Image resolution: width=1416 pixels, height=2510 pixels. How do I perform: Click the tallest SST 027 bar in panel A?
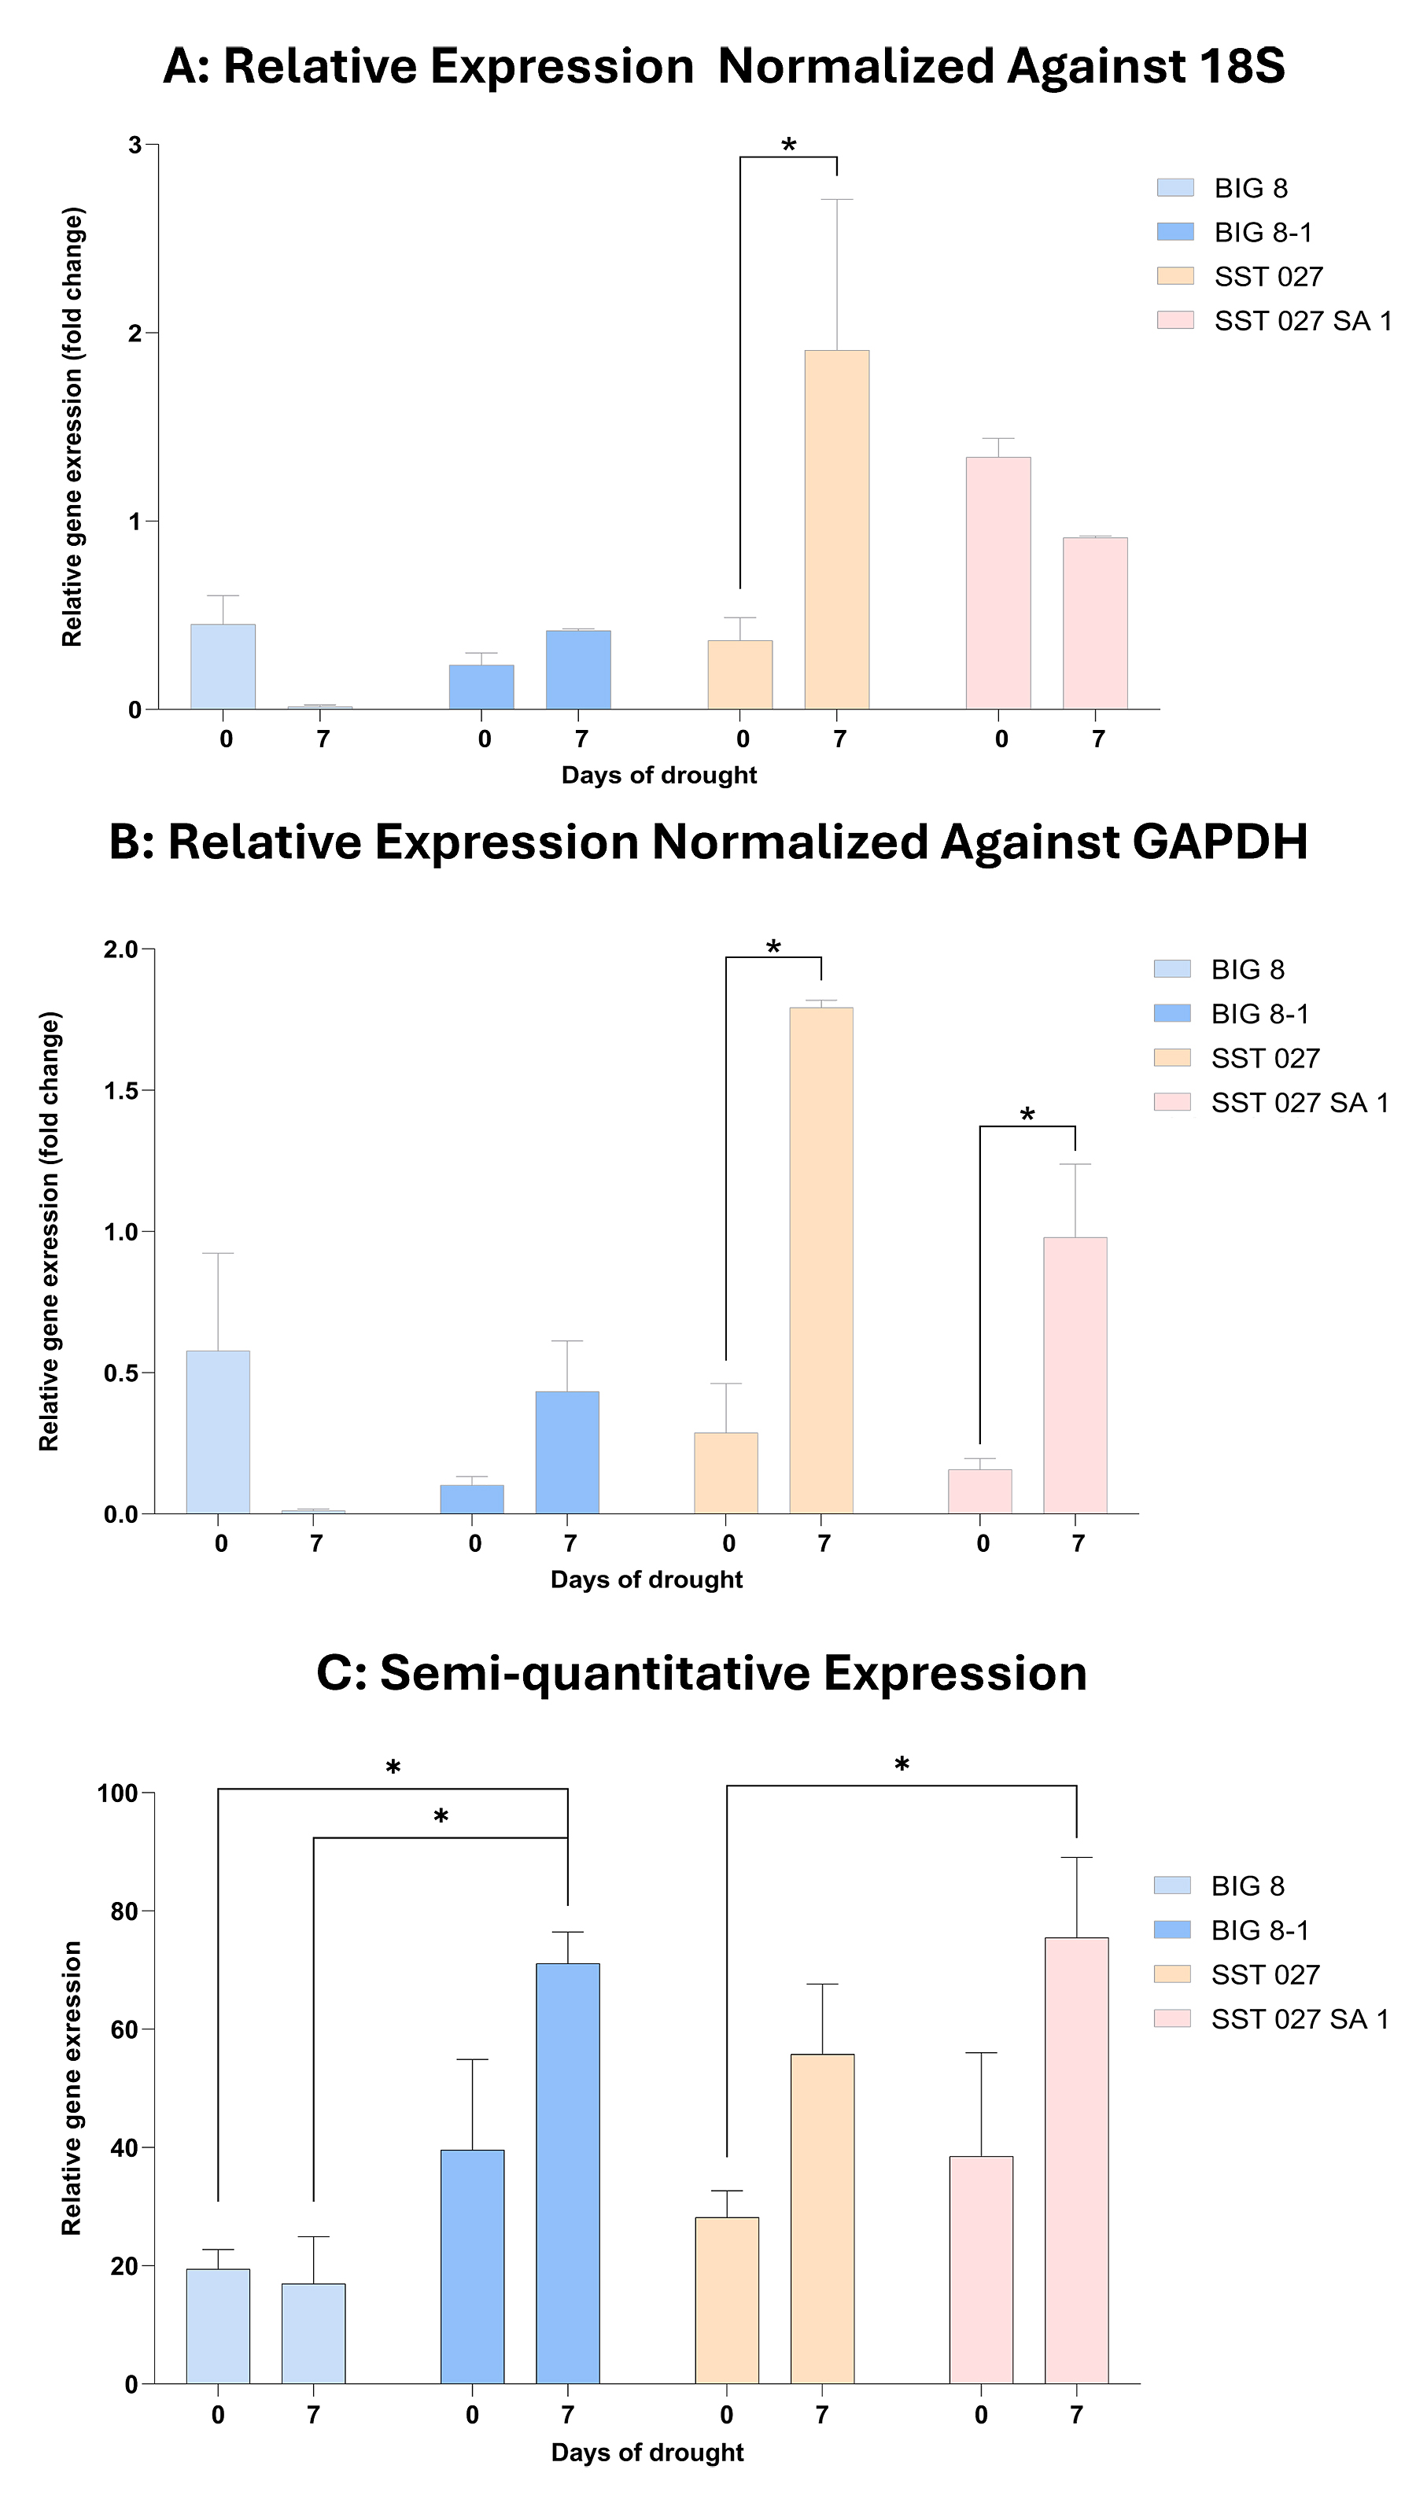pyautogui.click(x=836, y=529)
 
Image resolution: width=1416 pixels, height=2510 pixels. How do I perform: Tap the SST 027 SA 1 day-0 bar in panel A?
pyautogui.click(x=998, y=583)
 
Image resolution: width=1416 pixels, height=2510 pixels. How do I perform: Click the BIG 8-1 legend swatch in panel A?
pyautogui.click(x=1175, y=232)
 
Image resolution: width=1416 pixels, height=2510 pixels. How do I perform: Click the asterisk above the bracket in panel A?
pyautogui.click(x=788, y=146)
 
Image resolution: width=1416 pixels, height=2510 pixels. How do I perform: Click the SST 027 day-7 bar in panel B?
pyautogui.click(x=821, y=1260)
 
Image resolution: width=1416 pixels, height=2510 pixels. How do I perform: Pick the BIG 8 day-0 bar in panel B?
pyautogui.click(x=218, y=1432)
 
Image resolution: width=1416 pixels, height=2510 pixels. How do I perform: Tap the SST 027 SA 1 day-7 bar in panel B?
pyautogui.click(x=1075, y=1375)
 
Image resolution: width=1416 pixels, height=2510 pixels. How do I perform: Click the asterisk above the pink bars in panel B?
pyautogui.click(x=1027, y=1115)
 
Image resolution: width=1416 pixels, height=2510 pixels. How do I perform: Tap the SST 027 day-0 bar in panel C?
pyautogui.click(x=727, y=2301)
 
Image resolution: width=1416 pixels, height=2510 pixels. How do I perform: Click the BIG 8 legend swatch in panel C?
pyautogui.click(x=1172, y=1885)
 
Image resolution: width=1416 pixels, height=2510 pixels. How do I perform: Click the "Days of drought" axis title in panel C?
pyautogui.click(x=647, y=2453)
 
